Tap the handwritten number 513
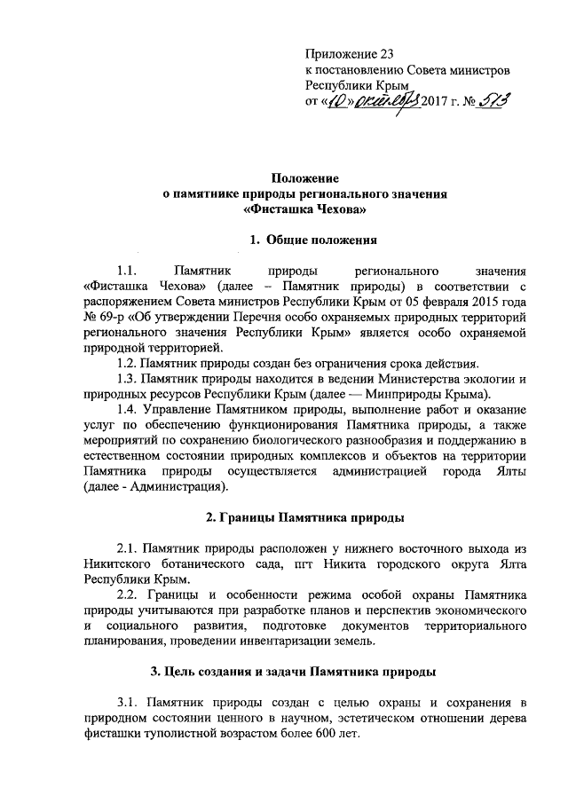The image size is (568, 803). [493, 104]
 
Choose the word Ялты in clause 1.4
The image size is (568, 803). [509, 470]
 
